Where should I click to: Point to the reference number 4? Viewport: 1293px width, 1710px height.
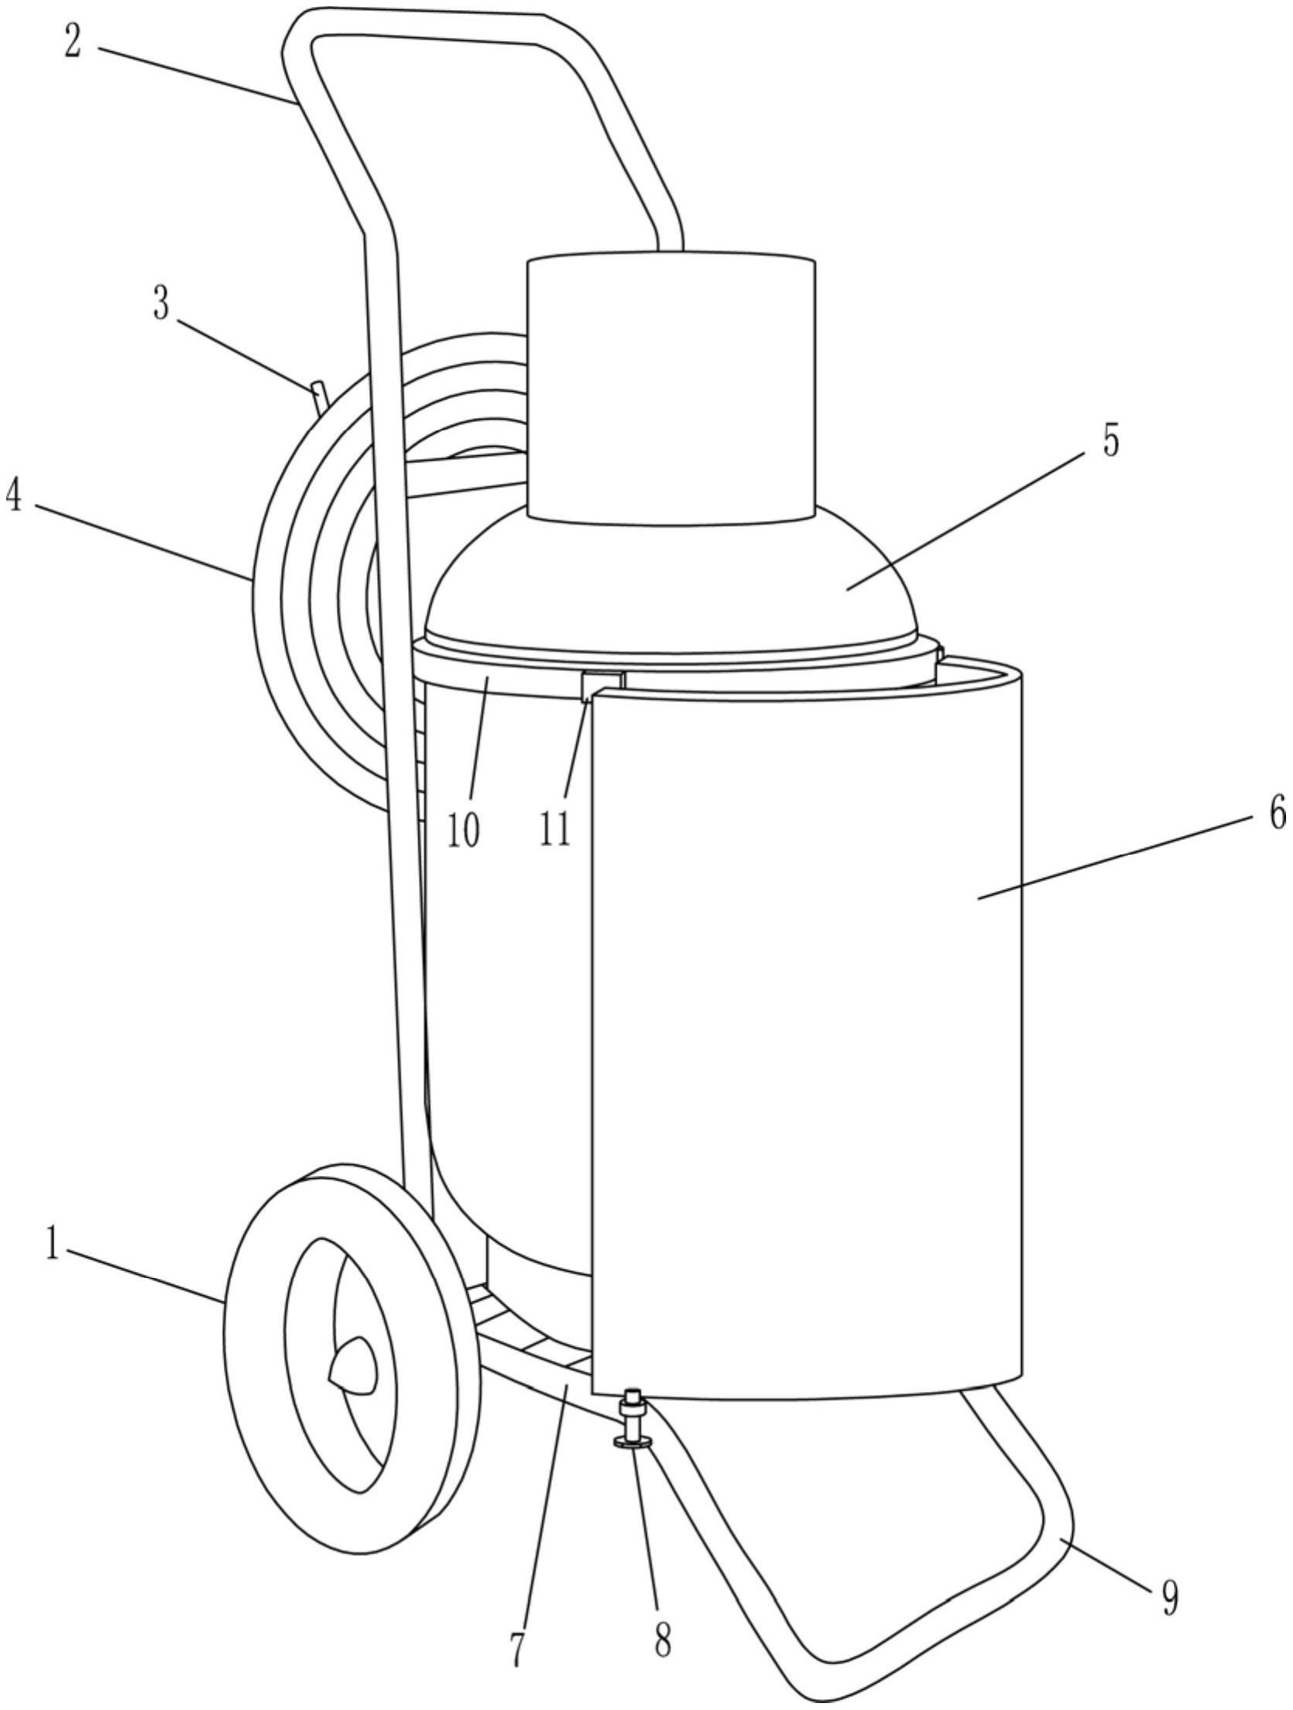pyautogui.click(x=13, y=496)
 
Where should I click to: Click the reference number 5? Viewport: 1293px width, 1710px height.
pyautogui.click(x=1111, y=442)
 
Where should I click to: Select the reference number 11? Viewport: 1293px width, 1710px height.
pyautogui.click(x=555, y=831)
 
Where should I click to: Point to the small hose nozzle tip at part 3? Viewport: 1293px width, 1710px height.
pyautogui.click(x=319, y=398)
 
